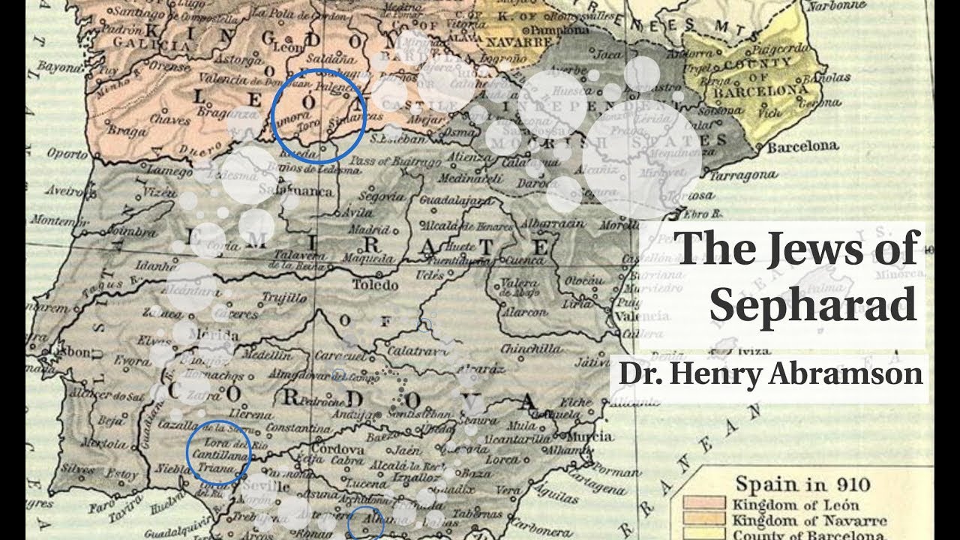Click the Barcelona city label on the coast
tap(802, 146)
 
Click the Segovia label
tap(381, 196)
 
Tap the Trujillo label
tap(284, 298)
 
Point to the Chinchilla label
tap(531, 349)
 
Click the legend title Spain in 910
tap(796, 483)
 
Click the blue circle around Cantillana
tap(218, 452)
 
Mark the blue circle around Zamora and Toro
tap(318, 116)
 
